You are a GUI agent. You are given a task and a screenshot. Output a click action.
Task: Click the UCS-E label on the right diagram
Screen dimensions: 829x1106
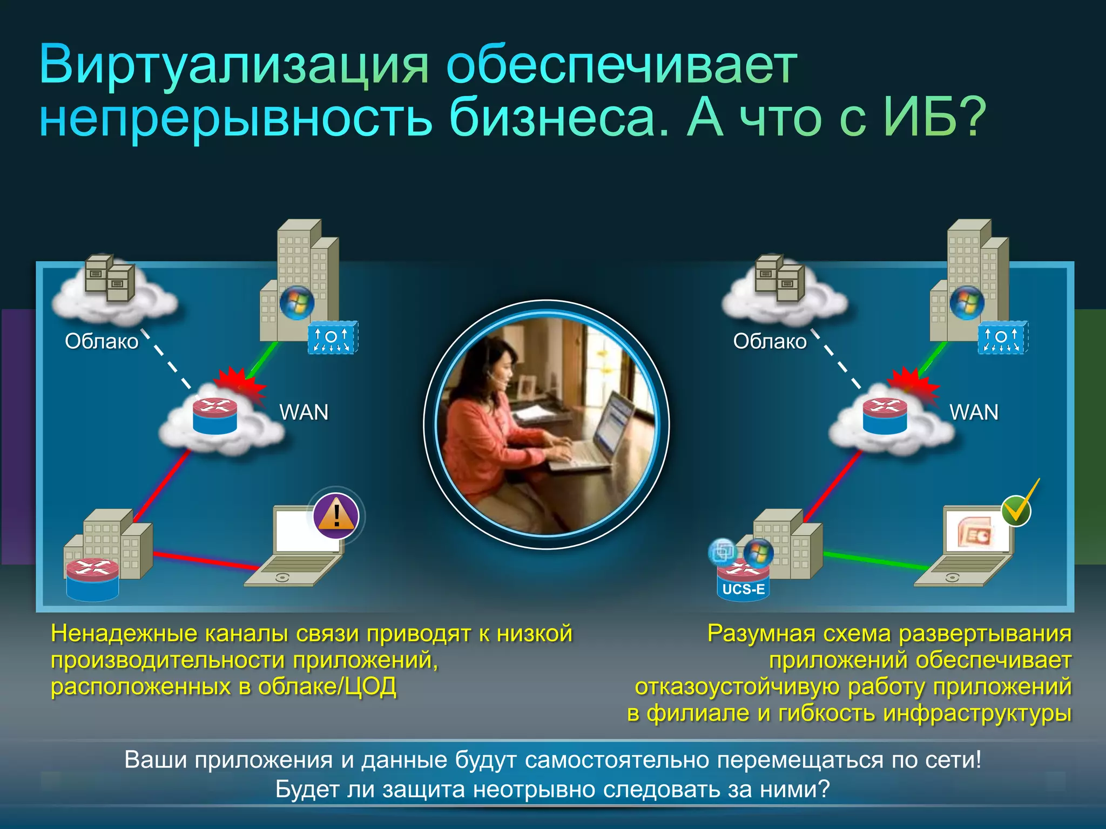[x=743, y=589]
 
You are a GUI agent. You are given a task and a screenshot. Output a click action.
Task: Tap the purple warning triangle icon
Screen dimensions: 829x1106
[x=336, y=515]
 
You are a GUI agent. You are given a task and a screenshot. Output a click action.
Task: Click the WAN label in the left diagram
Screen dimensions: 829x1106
[x=304, y=412]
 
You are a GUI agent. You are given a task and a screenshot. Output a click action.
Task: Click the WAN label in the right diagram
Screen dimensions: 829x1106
[x=974, y=412]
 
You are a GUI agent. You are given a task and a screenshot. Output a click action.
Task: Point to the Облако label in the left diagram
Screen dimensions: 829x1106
[x=102, y=341]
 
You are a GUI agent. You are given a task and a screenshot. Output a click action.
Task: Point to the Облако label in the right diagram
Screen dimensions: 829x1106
[x=770, y=341]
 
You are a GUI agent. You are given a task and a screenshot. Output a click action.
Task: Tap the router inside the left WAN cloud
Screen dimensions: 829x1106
[x=215, y=415]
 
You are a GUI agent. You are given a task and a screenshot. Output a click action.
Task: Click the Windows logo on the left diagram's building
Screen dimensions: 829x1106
[x=296, y=303]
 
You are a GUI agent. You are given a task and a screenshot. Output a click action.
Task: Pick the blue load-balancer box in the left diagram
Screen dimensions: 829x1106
[x=333, y=338]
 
